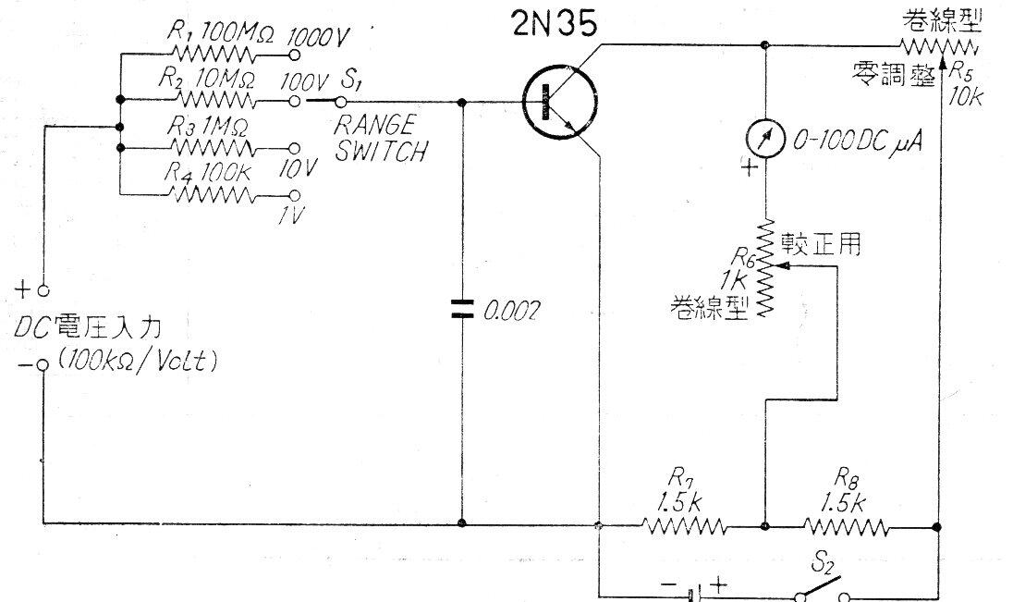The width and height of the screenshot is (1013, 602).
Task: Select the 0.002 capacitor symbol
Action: pos(460,309)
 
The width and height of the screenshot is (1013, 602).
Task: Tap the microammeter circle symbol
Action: pos(765,140)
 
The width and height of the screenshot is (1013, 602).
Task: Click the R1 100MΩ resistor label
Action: pos(222,30)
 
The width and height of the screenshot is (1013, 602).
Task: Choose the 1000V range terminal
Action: pos(295,51)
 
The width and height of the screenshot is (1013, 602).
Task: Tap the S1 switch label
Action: pos(351,80)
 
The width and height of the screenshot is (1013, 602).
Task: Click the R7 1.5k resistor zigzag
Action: pos(684,526)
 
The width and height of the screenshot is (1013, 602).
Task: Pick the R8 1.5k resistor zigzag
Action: pos(847,527)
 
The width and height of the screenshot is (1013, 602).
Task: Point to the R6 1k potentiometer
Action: pos(765,268)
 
